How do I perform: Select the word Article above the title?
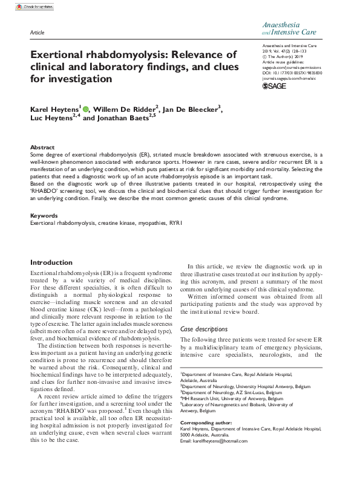[37, 30]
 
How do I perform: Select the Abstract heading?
[42, 147]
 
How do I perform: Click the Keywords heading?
[44, 215]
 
